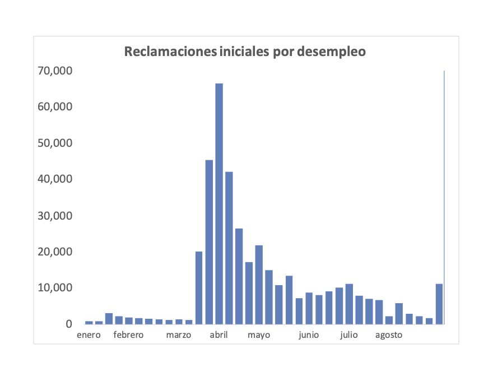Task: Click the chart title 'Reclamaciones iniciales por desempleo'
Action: tap(245, 52)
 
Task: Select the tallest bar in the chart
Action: tap(219, 204)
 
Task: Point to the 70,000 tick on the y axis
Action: tap(55, 71)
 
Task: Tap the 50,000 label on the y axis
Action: tap(55, 143)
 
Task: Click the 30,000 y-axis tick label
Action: tap(55, 216)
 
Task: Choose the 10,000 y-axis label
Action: tap(55, 287)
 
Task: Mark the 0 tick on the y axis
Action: tap(69, 324)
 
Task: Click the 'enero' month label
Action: tap(89, 335)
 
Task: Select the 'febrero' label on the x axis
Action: tap(128, 335)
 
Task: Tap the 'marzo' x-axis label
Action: tap(179, 335)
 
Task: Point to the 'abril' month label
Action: tap(219, 335)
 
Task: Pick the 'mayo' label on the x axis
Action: tap(259, 336)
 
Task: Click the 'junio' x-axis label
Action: tap(309, 335)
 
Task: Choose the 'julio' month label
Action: tap(349, 335)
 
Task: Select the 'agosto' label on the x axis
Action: tap(389, 336)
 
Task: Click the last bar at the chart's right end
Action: tap(439, 304)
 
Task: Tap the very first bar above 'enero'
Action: tap(89, 323)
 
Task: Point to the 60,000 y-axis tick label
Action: tap(55, 107)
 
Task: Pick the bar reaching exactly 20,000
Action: tap(199, 288)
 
